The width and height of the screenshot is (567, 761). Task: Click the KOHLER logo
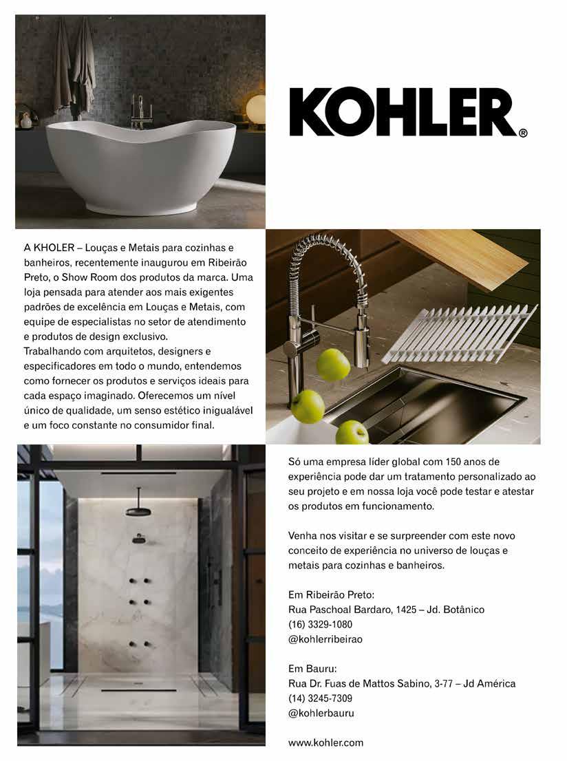point(403,111)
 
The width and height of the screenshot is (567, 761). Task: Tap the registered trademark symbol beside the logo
point(523,133)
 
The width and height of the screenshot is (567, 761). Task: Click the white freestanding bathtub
point(140,166)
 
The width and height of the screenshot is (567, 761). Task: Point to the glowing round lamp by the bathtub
point(256,110)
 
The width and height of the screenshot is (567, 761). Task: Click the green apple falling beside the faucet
point(333,364)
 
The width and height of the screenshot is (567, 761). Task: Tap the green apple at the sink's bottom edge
point(352,433)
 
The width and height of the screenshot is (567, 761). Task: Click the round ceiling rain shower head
point(138,511)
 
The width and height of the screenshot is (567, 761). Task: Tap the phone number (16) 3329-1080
point(320,625)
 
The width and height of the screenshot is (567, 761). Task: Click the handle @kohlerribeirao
point(325,639)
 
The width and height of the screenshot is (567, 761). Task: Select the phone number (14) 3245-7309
point(320,698)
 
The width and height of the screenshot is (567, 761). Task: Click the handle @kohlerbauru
point(321,714)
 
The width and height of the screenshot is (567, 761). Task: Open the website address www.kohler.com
point(325,743)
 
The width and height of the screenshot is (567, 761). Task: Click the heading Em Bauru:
point(312,669)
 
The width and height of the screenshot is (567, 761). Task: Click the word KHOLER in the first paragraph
point(54,247)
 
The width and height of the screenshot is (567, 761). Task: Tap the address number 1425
point(409,610)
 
